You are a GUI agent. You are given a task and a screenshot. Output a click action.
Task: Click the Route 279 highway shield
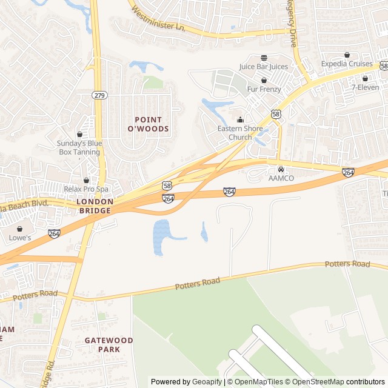click(x=99, y=95)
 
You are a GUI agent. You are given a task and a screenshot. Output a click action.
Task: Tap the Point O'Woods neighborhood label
click(x=148, y=124)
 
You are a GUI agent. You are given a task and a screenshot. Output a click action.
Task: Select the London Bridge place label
click(x=94, y=206)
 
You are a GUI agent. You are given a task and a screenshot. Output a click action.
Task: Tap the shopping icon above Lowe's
click(x=20, y=229)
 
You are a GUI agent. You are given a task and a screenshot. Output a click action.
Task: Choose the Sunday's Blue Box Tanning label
click(x=79, y=147)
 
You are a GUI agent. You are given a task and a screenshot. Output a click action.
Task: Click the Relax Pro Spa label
click(x=85, y=189)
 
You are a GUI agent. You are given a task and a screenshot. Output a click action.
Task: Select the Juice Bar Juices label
click(x=264, y=67)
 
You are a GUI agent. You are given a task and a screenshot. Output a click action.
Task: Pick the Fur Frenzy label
click(x=264, y=89)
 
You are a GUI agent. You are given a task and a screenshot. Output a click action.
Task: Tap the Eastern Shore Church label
click(x=240, y=133)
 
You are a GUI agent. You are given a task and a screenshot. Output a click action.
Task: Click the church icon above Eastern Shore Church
click(x=240, y=119)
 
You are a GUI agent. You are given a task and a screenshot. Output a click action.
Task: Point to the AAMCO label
click(x=281, y=178)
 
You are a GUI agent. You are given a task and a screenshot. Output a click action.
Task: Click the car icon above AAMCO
click(x=281, y=169)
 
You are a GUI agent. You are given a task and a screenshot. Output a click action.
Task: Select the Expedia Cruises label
click(x=347, y=64)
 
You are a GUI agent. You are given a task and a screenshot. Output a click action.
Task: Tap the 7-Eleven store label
click(x=365, y=87)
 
